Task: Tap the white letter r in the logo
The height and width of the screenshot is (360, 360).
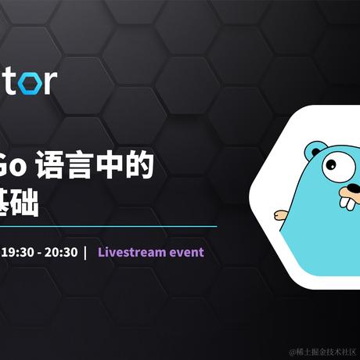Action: click(50, 82)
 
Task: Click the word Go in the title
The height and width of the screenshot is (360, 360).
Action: click(22, 167)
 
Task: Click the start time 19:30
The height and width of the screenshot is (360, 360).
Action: click(16, 252)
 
